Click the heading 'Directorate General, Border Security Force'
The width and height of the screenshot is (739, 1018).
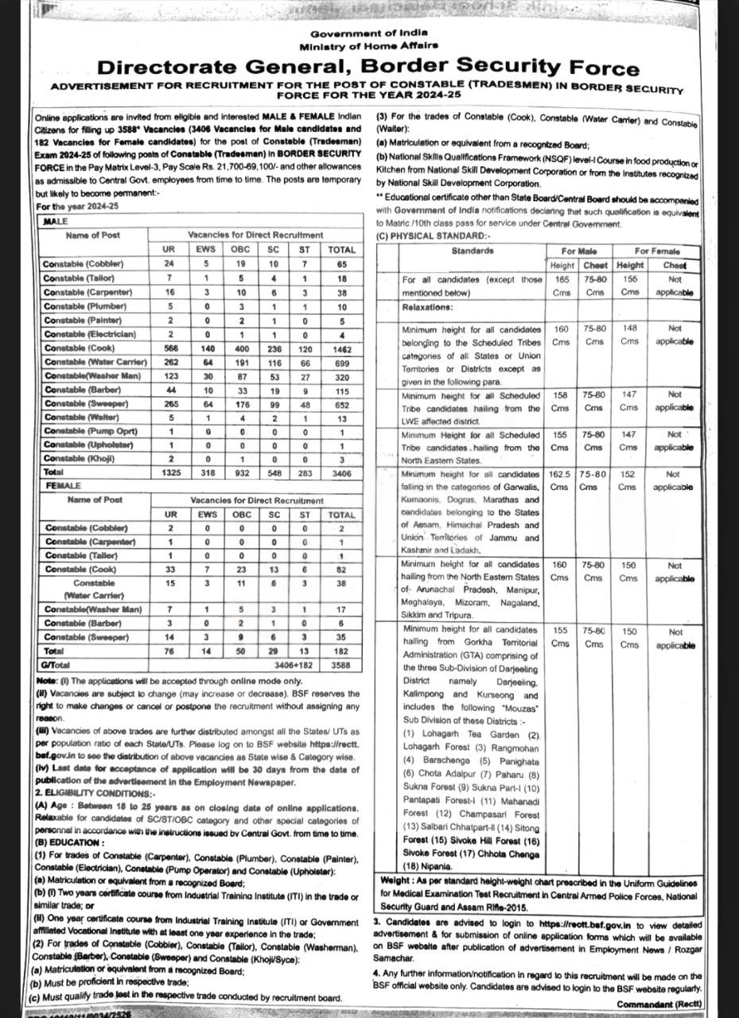tap(368, 68)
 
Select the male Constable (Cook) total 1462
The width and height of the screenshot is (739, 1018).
tap(341, 348)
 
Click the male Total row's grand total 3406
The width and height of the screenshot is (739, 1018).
tap(341, 472)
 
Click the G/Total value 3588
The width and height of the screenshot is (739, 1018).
tap(341, 664)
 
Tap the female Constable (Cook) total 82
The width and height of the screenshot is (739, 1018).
tap(341, 569)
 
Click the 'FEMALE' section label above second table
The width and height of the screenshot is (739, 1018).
tap(64, 485)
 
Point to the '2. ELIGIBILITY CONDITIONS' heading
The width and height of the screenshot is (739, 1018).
tap(96, 793)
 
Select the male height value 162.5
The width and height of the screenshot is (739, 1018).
tap(560, 474)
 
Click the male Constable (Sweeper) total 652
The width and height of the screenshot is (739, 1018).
tap(341, 405)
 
